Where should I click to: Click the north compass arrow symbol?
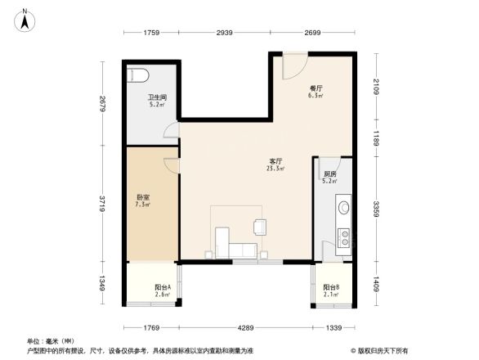[x=25, y=19]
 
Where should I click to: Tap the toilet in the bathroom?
[x=137, y=75]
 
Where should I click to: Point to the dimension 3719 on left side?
[x=101, y=203]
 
